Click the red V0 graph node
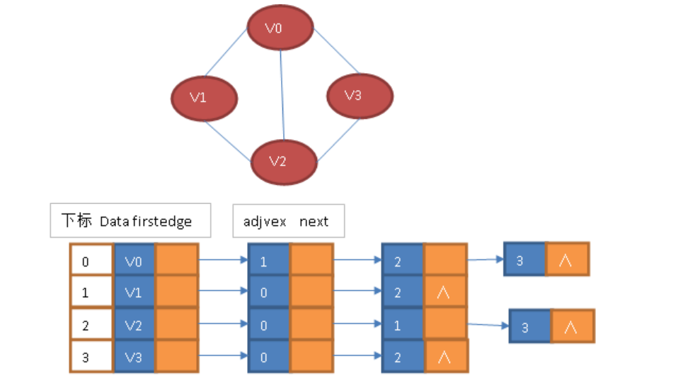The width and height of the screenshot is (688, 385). click(280, 29)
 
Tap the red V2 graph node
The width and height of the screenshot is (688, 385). click(284, 161)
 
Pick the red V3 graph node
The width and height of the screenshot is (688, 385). click(360, 95)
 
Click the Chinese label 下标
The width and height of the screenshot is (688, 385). click(76, 221)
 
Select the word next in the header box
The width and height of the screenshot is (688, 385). click(314, 222)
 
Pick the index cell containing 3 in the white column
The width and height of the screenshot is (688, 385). click(91, 357)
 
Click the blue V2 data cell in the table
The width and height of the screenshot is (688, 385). click(134, 325)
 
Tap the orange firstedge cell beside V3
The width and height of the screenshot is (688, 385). click(176, 357)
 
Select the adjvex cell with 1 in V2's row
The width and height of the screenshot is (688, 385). click(402, 325)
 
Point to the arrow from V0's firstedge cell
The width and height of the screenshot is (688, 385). click(223, 260)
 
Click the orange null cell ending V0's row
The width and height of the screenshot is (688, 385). click(567, 260)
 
